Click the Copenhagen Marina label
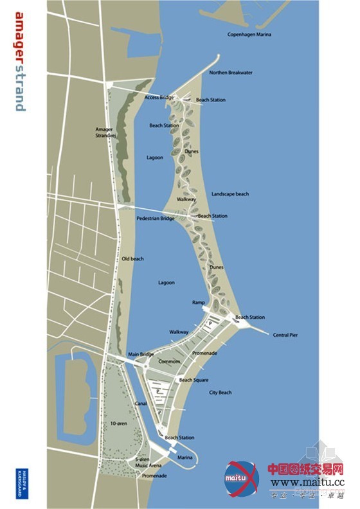click(x=249, y=33)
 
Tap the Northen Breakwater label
click(x=231, y=73)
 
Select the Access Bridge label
click(x=159, y=97)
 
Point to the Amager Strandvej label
click(x=104, y=132)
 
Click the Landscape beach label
click(x=230, y=193)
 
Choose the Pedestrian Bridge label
click(x=156, y=219)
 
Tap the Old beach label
click(x=133, y=258)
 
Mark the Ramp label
click(x=198, y=302)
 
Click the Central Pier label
click(x=285, y=335)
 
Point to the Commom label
click(x=169, y=361)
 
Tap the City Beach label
click(x=220, y=392)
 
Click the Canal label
click(x=141, y=404)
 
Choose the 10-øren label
click(x=118, y=424)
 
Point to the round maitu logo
click(x=240, y=477)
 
